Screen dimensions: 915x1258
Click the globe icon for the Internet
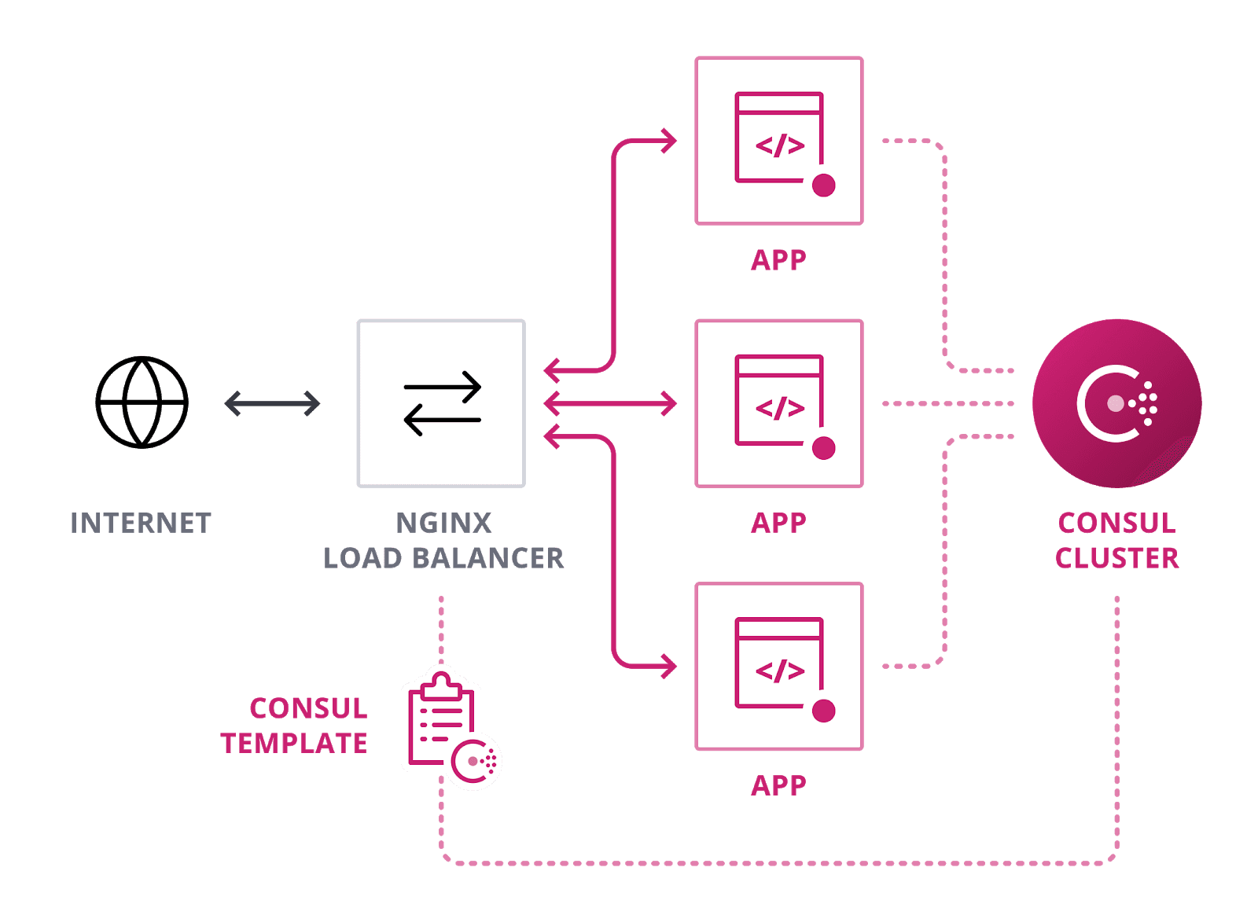pyautogui.click(x=142, y=402)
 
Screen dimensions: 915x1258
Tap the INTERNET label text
pyautogui.click(x=141, y=524)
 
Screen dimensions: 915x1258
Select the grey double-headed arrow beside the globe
pyautogui.click(x=272, y=404)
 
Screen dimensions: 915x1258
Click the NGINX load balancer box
pyautogui.click(x=441, y=403)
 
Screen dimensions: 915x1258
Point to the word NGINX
pyautogui.click(x=443, y=524)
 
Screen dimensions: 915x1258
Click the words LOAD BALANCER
pyautogui.click(x=443, y=558)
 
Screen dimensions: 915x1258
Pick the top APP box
pyautogui.click(x=779, y=141)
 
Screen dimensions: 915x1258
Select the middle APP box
pyautogui.click(x=779, y=403)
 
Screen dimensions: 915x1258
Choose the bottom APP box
pyautogui.click(x=779, y=666)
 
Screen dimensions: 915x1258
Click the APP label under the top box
pyautogui.click(x=778, y=260)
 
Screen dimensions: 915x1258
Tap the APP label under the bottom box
pyautogui.click(x=778, y=785)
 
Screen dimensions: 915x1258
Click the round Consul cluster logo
pyautogui.click(x=1116, y=403)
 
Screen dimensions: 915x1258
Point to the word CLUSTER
pyautogui.click(x=1116, y=558)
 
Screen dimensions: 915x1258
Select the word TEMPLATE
pyautogui.click(x=294, y=743)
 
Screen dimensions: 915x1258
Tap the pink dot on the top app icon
pyautogui.click(x=823, y=186)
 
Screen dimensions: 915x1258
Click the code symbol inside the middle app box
pyautogui.click(x=780, y=408)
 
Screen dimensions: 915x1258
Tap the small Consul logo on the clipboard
pyautogui.click(x=476, y=761)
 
